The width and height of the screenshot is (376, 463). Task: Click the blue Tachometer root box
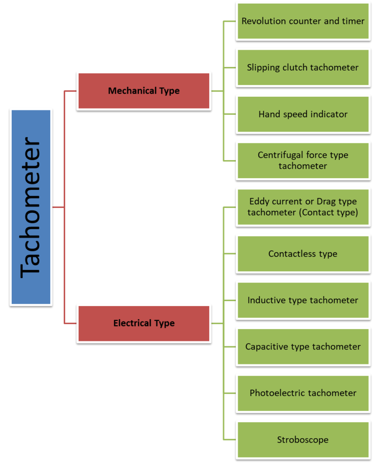pos(31,207)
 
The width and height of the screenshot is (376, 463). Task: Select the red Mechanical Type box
pos(144,91)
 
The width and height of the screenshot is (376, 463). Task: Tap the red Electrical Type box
pos(144,323)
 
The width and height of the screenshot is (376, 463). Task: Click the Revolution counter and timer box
pos(303,21)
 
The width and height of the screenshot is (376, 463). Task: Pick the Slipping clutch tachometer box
pos(303,68)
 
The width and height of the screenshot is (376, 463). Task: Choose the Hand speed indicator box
pos(303,114)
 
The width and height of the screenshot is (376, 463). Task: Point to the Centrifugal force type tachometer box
pos(303,161)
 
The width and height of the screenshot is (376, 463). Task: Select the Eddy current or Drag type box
pos(303,207)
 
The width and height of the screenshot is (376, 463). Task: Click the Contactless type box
pos(303,254)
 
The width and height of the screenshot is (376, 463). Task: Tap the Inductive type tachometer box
pos(303,300)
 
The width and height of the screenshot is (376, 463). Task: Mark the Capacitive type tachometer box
pos(303,347)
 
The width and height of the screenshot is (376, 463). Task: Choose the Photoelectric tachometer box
pos(303,393)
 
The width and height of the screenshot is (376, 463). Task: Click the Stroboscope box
pos(303,439)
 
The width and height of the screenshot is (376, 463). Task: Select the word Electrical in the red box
pos(133,323)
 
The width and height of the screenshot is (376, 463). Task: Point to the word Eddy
pos(259,201)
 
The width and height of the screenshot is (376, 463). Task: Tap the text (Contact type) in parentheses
pos(329,213)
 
